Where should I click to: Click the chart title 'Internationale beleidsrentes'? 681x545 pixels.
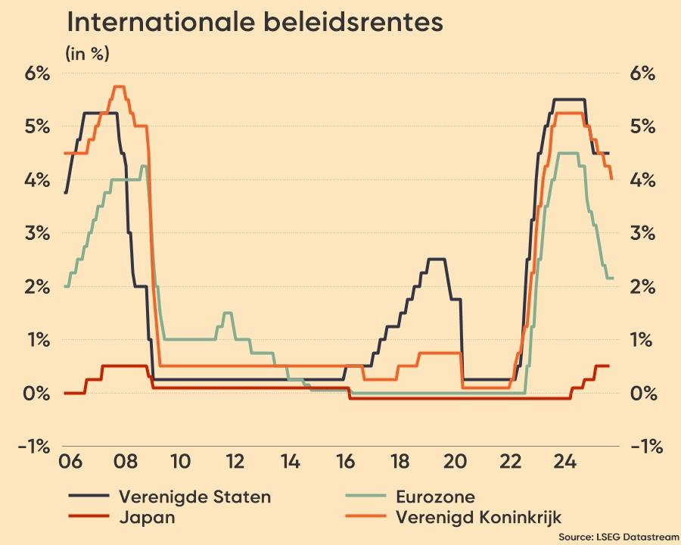coord(254,23)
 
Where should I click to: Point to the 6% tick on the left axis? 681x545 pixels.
coord(35,73)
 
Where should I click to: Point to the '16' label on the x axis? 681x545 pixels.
coord(346,461)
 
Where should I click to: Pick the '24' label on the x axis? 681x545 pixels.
coord(562,461)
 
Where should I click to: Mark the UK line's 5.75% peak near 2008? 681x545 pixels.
coord(118,87)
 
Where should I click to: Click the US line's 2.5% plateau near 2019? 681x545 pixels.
coord(437,260)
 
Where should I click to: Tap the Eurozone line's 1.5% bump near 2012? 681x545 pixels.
coord(227,313)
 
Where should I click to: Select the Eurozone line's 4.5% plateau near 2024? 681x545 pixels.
coord(567,153)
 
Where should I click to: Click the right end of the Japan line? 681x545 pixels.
coord(608,366)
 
